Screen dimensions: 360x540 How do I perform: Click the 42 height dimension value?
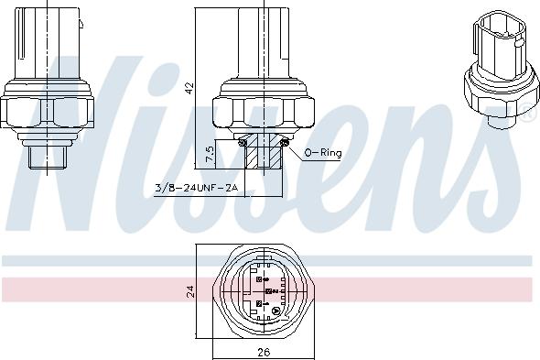189,88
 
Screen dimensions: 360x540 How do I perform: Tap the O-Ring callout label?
323,153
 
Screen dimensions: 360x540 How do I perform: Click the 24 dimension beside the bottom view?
189,292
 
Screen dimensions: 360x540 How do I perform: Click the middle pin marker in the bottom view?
266,290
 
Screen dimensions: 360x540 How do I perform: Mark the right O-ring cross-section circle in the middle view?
286,140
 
